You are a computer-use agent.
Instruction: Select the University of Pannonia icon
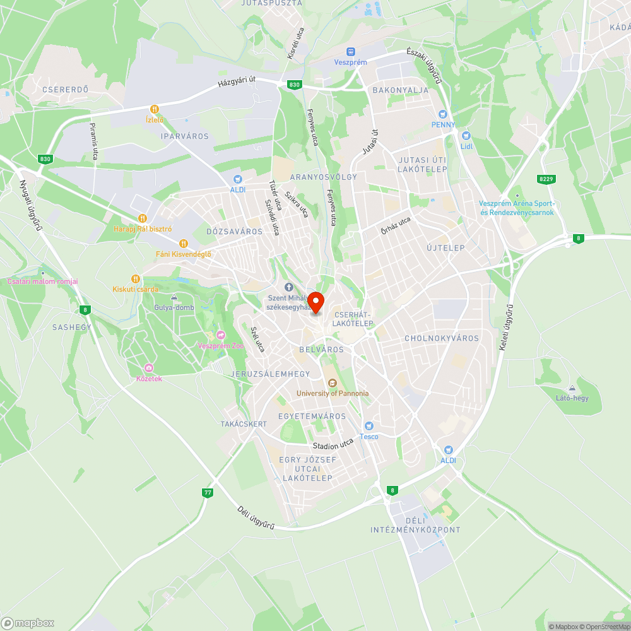[333, 382]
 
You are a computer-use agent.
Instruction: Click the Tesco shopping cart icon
[369, 426]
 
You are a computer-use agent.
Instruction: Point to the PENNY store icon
[443, 114]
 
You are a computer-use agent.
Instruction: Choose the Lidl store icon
[466, 136]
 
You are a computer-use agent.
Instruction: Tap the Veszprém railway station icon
[350, 52]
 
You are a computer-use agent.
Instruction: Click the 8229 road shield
[546, 180]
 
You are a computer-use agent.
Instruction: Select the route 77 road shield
[207, 492]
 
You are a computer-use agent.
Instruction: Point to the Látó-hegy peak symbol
[572, 388]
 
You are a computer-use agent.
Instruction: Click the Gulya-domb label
[174, 307]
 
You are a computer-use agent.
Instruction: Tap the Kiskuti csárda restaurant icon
[135, 279]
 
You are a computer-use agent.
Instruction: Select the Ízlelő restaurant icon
[154, 109]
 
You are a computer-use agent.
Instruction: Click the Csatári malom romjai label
[43, 281]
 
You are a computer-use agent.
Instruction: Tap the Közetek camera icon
[149, 368]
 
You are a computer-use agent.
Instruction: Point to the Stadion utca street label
[333, 445]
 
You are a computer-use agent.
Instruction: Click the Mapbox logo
[28, 622]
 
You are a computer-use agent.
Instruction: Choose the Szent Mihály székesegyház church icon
[290, 287]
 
